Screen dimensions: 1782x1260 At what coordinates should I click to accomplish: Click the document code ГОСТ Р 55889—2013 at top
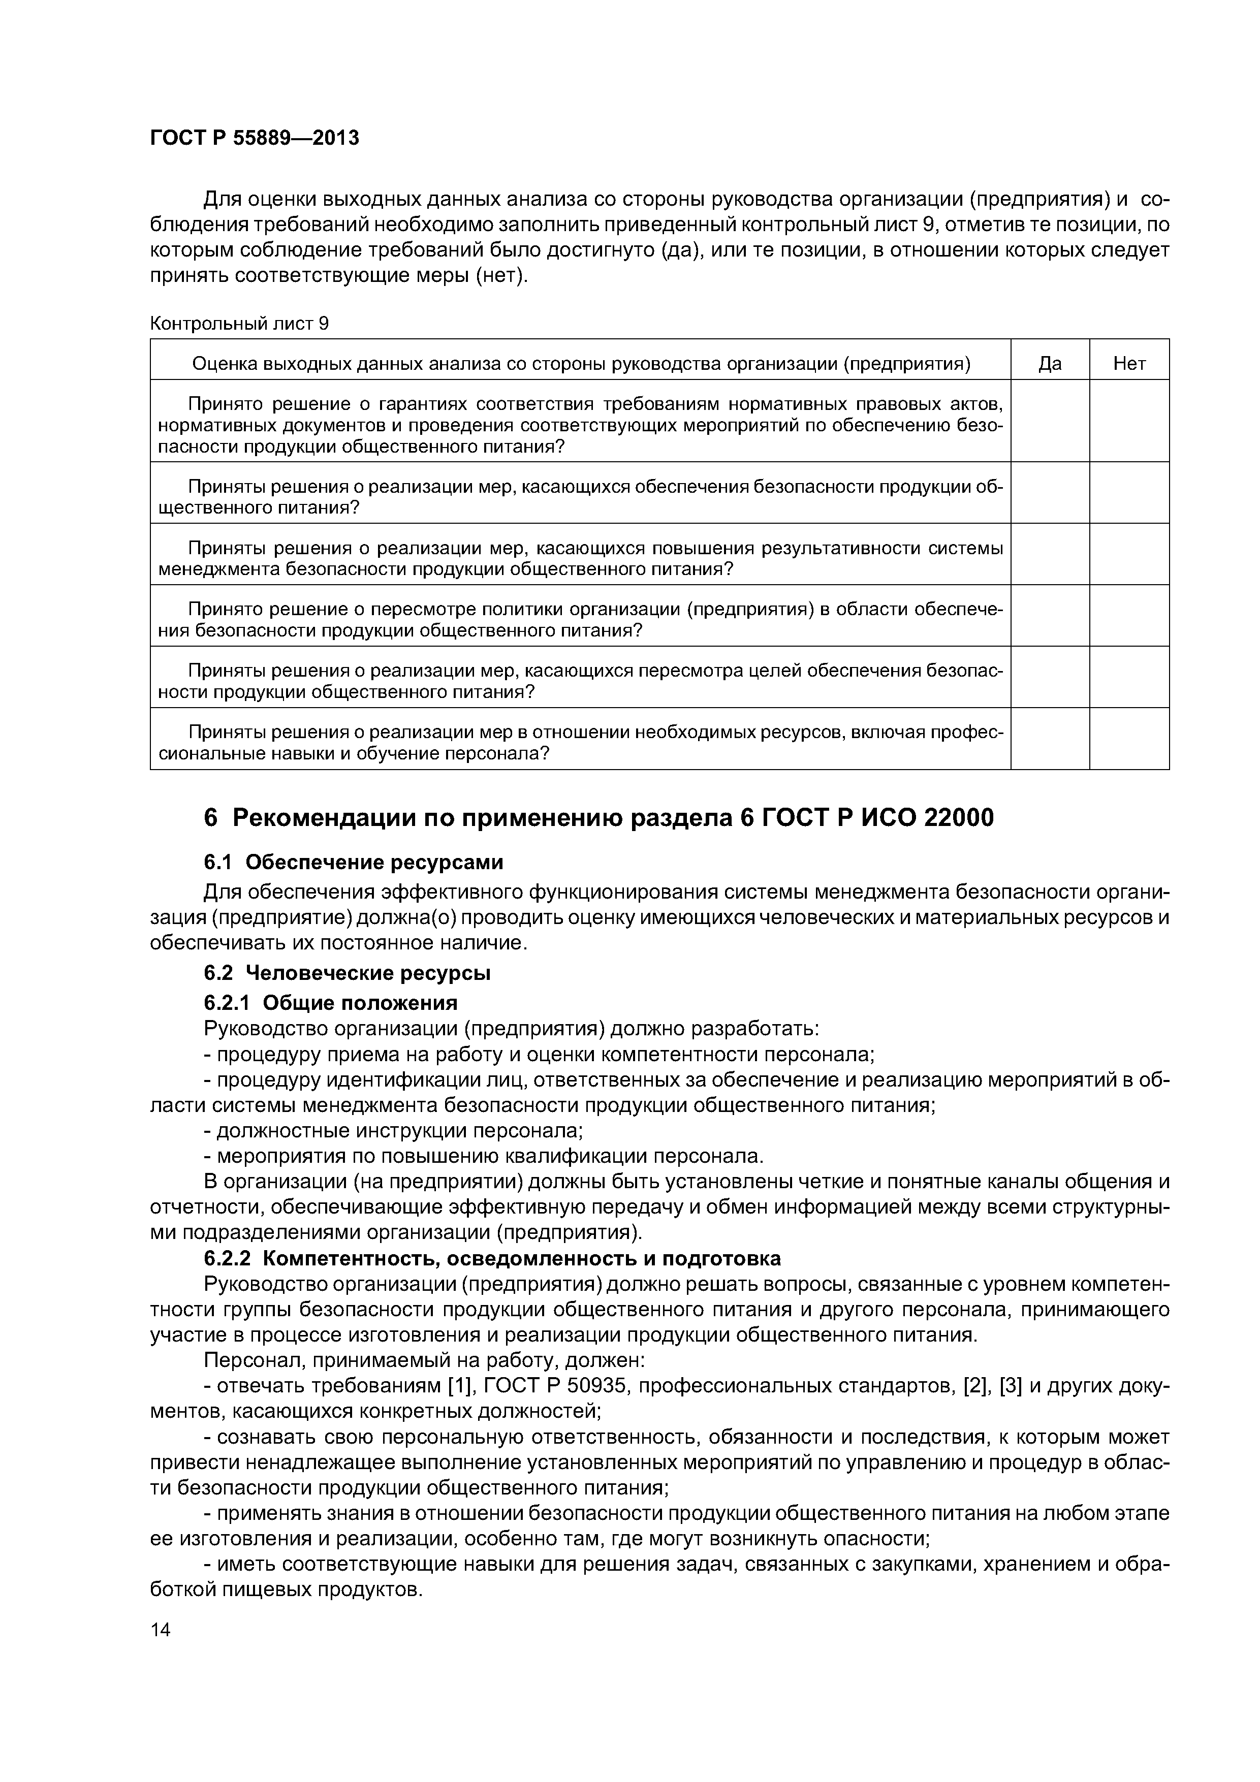pyautogui.click(x=254, y=138)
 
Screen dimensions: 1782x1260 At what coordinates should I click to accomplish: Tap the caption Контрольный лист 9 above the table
pyautogui.click(x=239, y=324)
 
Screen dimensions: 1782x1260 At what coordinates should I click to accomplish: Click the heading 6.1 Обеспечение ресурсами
pyautogui.click(x=353, y=862)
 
